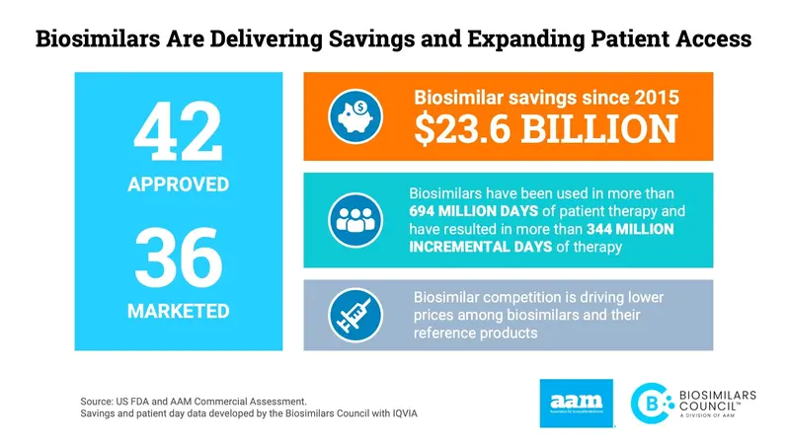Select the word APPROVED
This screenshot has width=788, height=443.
[x=178, y=185]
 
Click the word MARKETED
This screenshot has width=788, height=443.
[x=178, y=311]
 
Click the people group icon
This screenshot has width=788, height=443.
[x=353, y=219]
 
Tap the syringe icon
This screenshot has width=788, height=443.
[x=353, y=315]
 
